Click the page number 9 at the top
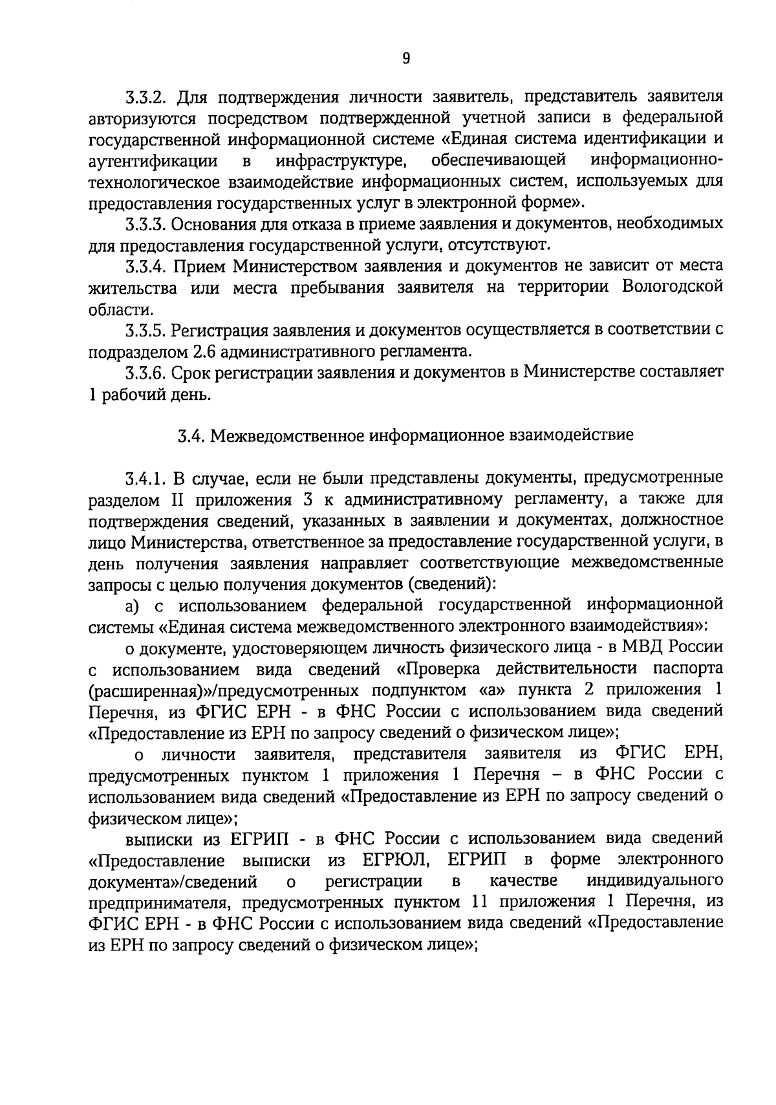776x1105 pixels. (x=406, y=59)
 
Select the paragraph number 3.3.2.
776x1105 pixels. (x=145, y=98)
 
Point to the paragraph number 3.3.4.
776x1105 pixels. (x=145, y=266)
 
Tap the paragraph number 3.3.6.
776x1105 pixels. (x=145, y=373)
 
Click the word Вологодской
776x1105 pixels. (x=672, y=287)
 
